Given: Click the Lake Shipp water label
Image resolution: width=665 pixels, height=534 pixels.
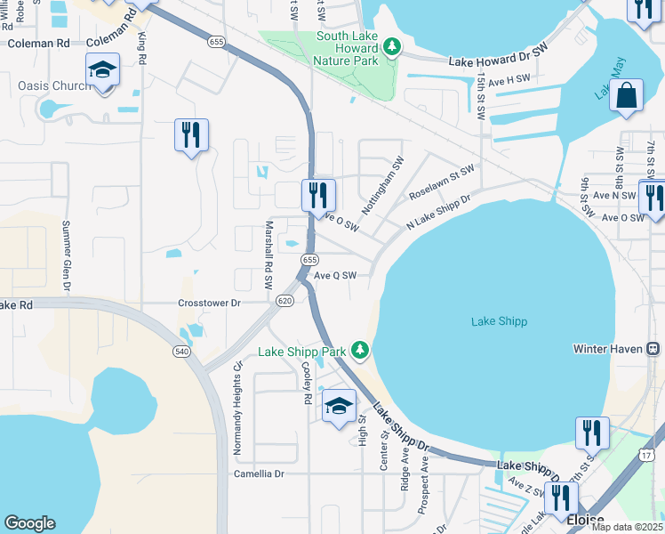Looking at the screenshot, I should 499,321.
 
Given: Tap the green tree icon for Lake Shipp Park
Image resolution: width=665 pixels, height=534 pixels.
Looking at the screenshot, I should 360,351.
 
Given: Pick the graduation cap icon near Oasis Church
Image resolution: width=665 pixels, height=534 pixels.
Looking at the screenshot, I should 102,70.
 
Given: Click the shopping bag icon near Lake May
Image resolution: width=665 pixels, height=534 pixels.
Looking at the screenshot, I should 626,95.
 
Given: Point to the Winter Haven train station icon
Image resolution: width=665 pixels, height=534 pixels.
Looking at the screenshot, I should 653,349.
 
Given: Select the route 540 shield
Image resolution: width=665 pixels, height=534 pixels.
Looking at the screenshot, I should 182,352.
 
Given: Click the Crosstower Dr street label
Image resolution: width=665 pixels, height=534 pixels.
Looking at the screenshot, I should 210,303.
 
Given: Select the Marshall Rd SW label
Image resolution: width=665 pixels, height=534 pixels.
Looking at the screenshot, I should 268,255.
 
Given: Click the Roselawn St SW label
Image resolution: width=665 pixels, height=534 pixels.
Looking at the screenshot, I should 441,182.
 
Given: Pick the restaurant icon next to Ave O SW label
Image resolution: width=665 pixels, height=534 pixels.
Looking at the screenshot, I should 317,194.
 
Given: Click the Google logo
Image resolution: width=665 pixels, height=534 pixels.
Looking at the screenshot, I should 29,523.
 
